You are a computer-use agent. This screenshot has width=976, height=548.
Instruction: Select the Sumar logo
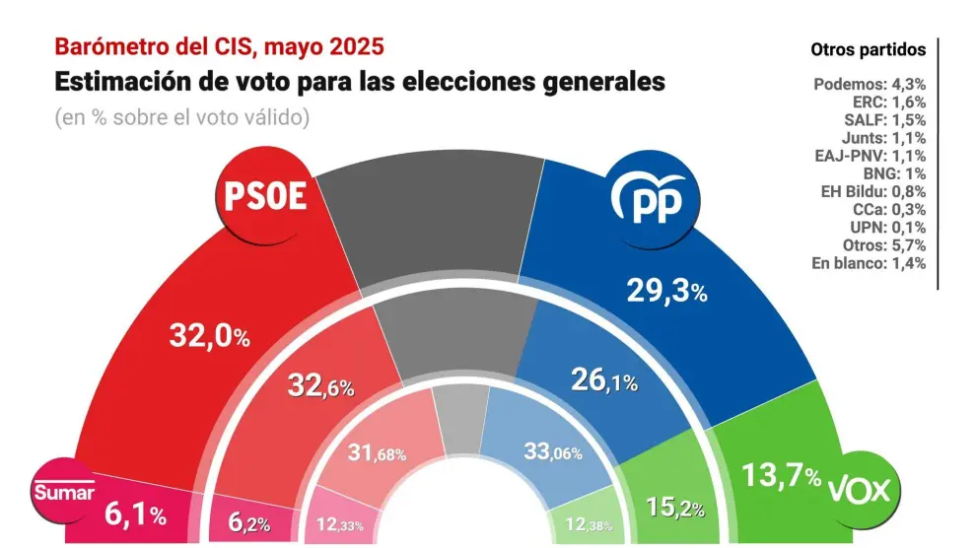tap(64, 492)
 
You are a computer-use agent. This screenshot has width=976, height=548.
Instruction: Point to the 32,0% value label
tap(207, 337)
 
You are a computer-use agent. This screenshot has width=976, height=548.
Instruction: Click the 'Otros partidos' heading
tap(868, 48)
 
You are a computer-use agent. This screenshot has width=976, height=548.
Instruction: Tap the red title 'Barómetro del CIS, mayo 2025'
tap(219, 46)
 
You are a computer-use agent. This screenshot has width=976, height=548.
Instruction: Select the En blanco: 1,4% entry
tap(870, 263)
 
